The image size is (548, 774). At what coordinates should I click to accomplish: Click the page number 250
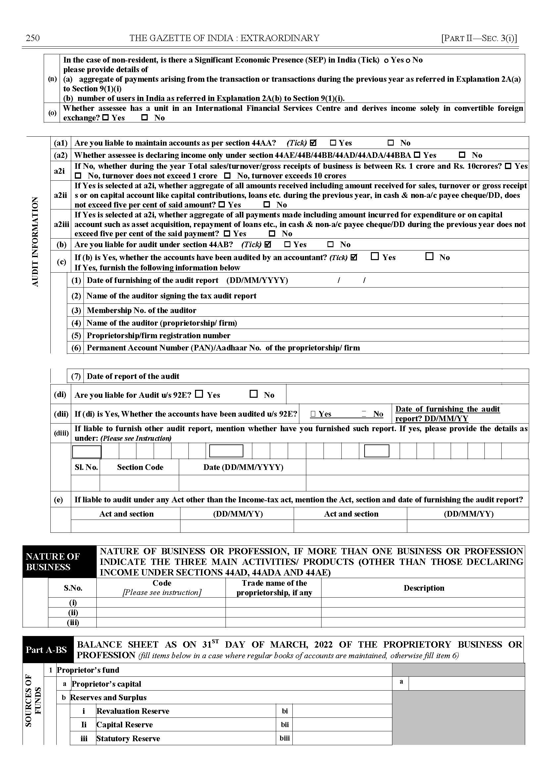[x=33, y=38]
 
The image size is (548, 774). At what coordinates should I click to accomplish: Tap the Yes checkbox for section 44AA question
[x=333, y=143]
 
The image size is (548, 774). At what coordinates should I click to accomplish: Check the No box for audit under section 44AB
[x=331, y=244]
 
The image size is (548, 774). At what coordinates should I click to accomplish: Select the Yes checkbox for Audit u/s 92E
[x=199, y=394]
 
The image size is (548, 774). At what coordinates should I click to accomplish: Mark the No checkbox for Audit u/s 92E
[x=253, y=394]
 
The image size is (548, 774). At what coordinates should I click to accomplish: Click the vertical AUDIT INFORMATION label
[x=35, y=242]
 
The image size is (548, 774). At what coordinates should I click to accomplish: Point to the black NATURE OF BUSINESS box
[x=59, y=562]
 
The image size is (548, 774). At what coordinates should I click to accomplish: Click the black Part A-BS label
[x=48, y=650]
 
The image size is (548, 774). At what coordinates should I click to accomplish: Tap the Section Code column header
[x=140, y=467]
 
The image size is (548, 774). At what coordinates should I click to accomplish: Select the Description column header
[x=424, y=588]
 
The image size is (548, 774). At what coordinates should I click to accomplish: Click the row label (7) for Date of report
[x=76, y=376]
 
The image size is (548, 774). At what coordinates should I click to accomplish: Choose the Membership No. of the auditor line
[x=141, y=310]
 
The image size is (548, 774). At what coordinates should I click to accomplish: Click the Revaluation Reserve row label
[x=133, y=711]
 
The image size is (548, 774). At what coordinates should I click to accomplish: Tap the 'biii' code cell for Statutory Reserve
[x=284, y=738]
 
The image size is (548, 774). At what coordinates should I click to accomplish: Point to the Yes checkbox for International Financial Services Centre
[x=105, y=118]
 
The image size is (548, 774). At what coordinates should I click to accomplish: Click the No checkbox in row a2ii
[x=267, y=205]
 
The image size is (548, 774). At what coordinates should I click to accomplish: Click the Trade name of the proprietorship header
[x=274, y=588]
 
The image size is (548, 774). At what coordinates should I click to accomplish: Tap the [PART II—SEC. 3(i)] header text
[x=479, y=38]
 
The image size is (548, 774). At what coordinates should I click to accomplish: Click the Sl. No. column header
[x=86, y=467]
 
